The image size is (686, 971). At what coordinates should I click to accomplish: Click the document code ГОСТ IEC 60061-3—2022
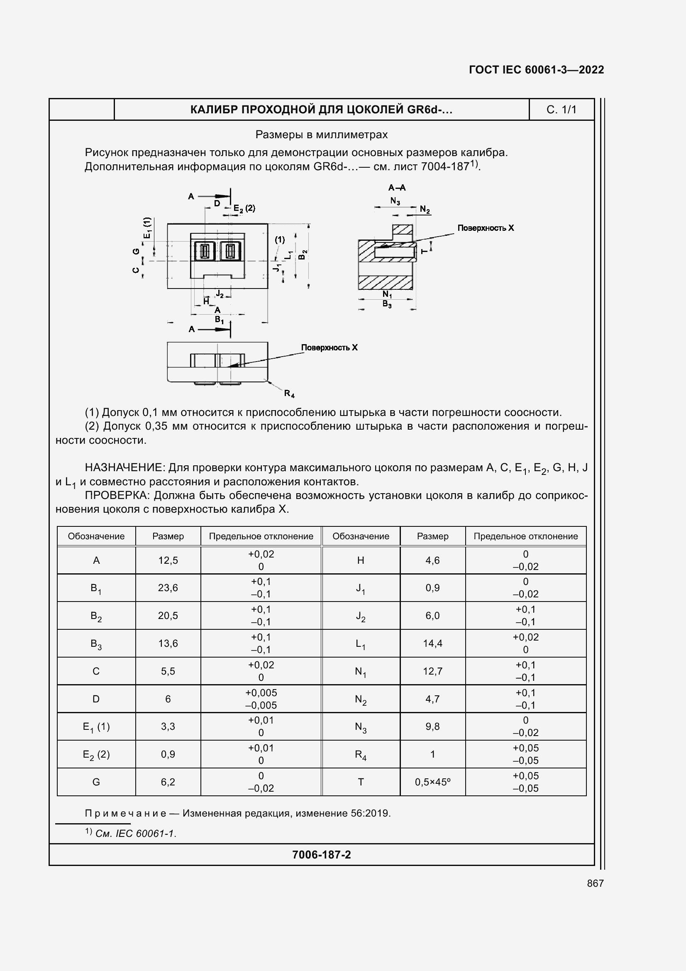[536, 70]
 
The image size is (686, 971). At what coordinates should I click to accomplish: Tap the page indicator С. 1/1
[561, 110]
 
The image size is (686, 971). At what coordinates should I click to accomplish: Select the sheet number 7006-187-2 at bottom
[321, 855]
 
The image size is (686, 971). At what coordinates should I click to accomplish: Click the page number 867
[595, 883]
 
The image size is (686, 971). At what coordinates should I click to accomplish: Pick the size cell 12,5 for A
[168, 560]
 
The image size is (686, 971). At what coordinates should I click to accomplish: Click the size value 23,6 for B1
[168, 588]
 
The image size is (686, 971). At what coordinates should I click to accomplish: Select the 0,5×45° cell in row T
[432, 782]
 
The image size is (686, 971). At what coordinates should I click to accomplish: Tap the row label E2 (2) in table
[96, 754]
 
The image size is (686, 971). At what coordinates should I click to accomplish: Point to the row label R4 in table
[361, 754]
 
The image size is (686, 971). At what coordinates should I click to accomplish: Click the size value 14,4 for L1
[432, 643]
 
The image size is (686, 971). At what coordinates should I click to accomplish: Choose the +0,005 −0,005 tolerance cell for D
[261, 699]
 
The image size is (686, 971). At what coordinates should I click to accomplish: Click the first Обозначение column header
[96, 536]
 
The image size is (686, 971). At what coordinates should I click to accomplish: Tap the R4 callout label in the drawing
[289, 394]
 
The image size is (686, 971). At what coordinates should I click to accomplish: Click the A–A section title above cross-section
[396, 187]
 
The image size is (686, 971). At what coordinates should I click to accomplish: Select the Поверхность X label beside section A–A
[485, 228]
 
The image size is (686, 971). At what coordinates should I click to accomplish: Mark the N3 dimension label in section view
[395, 201]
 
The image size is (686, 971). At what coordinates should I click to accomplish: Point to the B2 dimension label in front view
[303, 255]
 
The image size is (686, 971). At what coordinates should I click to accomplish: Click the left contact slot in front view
[205, 252]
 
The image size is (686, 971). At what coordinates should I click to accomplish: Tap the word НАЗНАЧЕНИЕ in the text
[123, 467]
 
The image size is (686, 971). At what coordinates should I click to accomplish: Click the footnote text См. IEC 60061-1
[136, 834]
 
